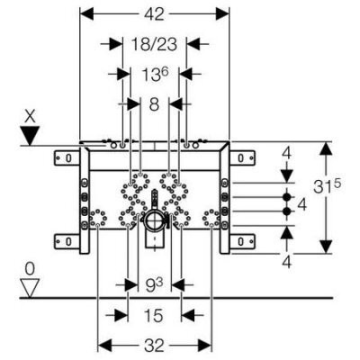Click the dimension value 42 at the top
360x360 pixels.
click(154, 14)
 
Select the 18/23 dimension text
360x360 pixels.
click(154, 44)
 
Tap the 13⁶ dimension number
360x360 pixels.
click(155, 75)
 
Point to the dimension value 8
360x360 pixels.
click(154, 104)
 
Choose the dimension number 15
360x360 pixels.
click(154, 316)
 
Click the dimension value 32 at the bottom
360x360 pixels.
click(154, 346)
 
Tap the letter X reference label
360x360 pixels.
click(30, 117)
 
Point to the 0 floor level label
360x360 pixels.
click(30, 269)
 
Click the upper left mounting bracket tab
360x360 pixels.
click(67, 158)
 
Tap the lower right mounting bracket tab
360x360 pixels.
click(242, 241)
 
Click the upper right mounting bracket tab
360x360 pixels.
click(242, 158)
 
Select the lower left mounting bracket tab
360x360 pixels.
click(67, 241)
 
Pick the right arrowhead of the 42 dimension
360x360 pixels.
click(222, 14)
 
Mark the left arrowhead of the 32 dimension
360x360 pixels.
click(105, 346)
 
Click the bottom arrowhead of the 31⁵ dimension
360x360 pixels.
click(327, 247)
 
